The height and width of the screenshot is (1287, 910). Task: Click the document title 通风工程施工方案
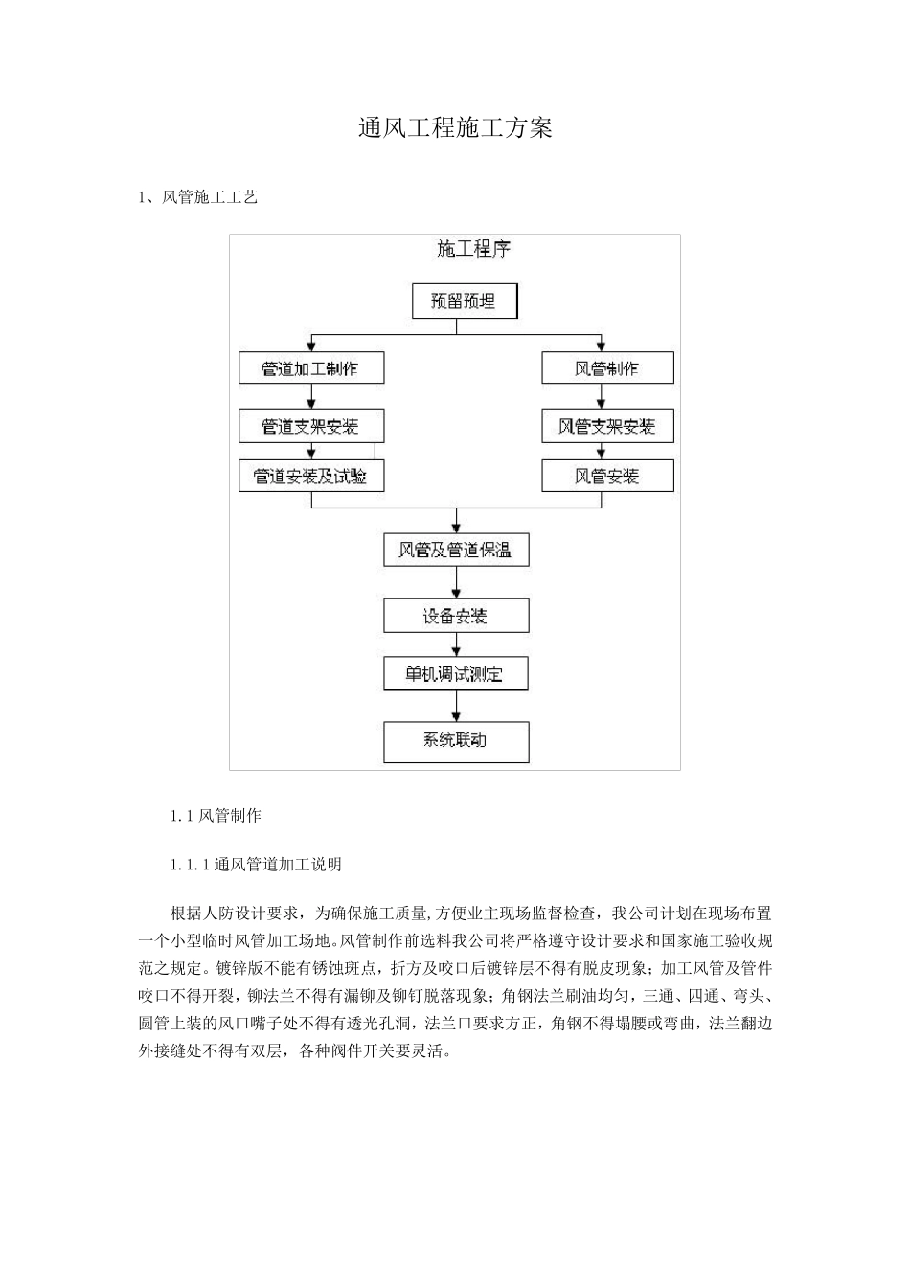(455, 128)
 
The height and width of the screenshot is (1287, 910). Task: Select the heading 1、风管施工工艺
(198, 198)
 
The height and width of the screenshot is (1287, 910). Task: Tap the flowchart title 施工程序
(473, 250)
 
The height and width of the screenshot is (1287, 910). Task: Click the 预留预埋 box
(465, 302)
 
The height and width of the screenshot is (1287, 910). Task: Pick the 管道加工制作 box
(311, 369)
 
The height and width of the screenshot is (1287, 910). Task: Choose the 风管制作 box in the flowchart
(607, 369)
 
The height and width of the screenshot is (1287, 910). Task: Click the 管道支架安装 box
(311, 426)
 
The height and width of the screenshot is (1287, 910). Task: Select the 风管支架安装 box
(607, 426)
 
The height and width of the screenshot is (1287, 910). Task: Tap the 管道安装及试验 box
(311, 476)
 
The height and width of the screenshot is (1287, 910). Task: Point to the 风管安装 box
(607, 476)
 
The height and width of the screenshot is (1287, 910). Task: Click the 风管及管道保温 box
(456, 550)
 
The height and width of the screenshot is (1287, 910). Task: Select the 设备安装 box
(456, 616)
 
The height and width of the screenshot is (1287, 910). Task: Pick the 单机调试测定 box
(456, 674)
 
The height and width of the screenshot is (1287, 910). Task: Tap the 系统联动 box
(456, 740)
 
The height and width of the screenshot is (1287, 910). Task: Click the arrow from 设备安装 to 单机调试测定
(456, 645)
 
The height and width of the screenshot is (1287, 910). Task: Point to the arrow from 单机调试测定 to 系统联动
(456, 706)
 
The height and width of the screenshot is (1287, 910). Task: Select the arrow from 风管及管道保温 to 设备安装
(456, 582)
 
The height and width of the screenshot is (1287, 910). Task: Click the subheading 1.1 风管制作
(216, 816)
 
